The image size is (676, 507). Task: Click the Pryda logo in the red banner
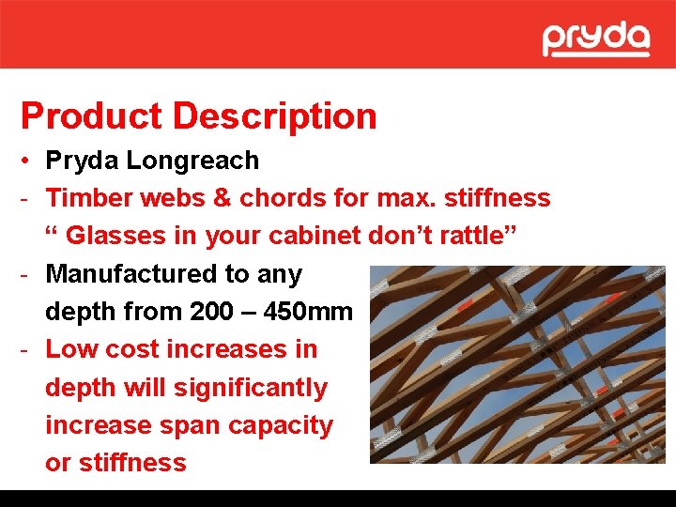(595, 39)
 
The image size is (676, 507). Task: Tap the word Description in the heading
(275, 116)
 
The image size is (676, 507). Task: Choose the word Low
(71, 349)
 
